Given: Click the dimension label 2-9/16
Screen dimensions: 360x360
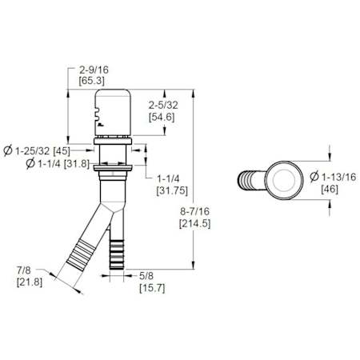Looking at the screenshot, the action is pos(94,70).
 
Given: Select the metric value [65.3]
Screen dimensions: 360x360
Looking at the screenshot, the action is pos(91,81).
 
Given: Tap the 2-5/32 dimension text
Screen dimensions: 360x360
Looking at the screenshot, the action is pos(163,105).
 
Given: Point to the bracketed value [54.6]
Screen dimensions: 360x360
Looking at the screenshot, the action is pos(162,117).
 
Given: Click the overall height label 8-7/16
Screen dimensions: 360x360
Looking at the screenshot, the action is pos(194,212).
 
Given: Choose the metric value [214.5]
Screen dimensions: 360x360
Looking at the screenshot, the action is pos(194,223).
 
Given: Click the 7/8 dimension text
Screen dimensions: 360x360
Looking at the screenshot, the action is pos(24,270).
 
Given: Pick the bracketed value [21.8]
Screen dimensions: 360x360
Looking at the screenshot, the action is pos(30,282).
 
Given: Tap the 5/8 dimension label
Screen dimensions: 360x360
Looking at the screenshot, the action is pos(146,276).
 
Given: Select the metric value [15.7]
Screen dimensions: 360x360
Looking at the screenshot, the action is pos(152,288).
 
